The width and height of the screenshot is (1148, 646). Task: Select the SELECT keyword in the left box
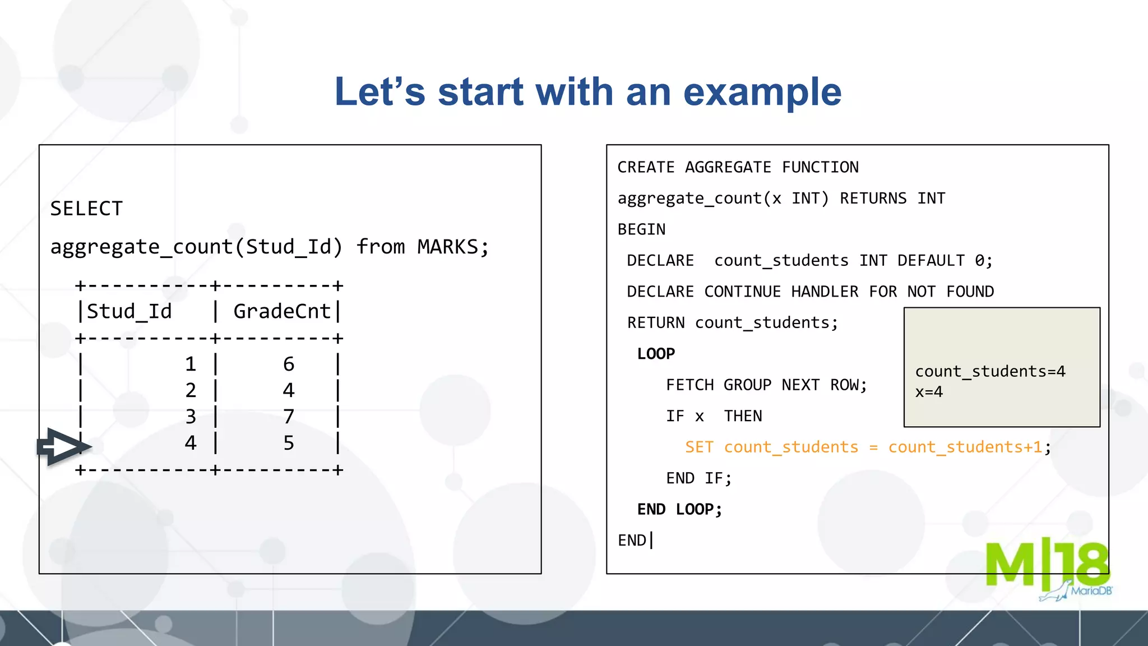point(86,209)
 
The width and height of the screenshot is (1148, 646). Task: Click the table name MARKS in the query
point(447,247)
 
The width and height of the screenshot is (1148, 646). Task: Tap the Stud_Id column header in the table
point(129,311)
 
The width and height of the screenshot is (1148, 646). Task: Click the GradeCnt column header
point(282,311)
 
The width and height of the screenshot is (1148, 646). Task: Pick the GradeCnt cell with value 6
point(289,364)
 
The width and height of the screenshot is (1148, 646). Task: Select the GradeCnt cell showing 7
point(289,417)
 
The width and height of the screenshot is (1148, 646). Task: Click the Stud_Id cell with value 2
point(191,390)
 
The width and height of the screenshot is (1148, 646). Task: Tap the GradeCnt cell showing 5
point(289,443)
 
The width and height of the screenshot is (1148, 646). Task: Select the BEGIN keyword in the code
point(641,229)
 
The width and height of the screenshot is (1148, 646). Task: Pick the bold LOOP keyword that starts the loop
point(656,354)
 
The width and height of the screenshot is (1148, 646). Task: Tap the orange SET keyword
point(699,447)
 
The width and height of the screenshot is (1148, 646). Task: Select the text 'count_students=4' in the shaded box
point(990,371)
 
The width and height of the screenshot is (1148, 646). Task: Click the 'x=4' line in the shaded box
point(929,392)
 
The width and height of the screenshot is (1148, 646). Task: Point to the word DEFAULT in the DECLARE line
point(931,261)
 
